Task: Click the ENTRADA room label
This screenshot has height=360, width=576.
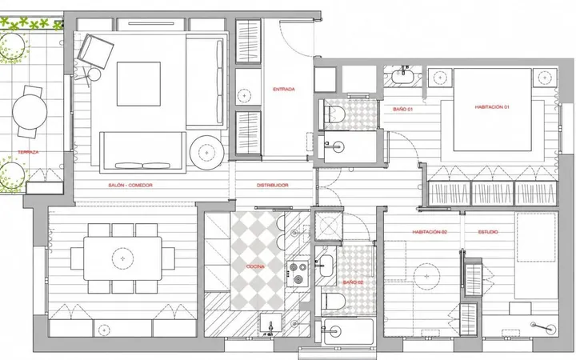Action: [x=283, y=90]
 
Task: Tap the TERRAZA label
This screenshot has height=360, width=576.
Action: [x=28, y=152]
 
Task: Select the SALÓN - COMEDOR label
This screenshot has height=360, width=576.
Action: [x=130, y=185]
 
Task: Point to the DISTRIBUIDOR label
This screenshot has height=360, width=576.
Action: [x=272, y=185]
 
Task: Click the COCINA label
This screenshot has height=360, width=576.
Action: [x=255, y=266]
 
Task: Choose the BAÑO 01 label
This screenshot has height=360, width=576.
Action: [x=402, y=109]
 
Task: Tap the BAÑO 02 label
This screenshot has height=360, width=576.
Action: [x=353, y=282]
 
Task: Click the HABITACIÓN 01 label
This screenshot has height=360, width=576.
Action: [x=492, y=107]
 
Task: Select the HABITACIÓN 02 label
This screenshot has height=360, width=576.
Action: [x=430, y=232]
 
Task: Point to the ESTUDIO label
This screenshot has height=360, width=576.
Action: [x=488, y=232]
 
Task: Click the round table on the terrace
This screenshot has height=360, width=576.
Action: [x=30, y=112]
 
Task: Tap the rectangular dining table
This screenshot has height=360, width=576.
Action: [x=122, y=258]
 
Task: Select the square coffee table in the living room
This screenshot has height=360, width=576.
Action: [x=138, y=84]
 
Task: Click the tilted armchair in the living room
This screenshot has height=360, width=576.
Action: [x=95, y=51]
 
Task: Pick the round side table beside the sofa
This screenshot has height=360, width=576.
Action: [x=207, y=153]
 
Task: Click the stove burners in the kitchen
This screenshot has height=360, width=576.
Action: [x=297, y=274]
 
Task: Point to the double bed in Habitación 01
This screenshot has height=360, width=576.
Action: [x=492, y=110]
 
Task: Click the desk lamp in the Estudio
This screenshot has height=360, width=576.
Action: [x=543, y=327]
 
